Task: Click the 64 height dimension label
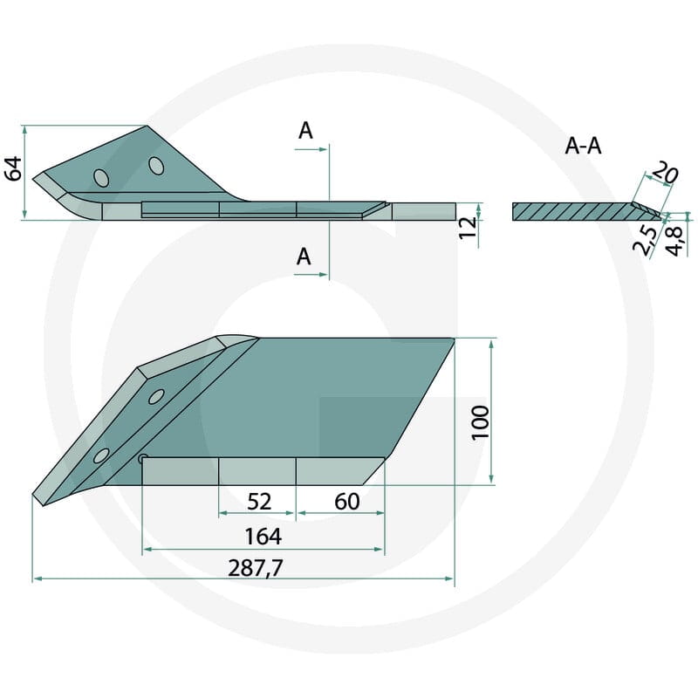coord(14,168)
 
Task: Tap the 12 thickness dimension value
coord(469,228)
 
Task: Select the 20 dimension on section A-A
coord(665,172)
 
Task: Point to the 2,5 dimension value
coord(646,241)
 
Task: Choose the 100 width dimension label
coord(481,422)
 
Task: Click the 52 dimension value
coord(259,502)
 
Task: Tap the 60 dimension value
coord(346,502)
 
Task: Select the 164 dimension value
coord(263,537)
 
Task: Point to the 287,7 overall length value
coord(256,569)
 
